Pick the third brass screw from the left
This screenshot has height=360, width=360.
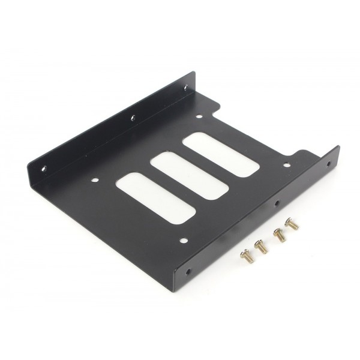(x=278, y=235)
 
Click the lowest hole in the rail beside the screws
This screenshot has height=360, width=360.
(x=191, y=271)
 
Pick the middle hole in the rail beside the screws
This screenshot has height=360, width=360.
(x=276, y=204)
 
